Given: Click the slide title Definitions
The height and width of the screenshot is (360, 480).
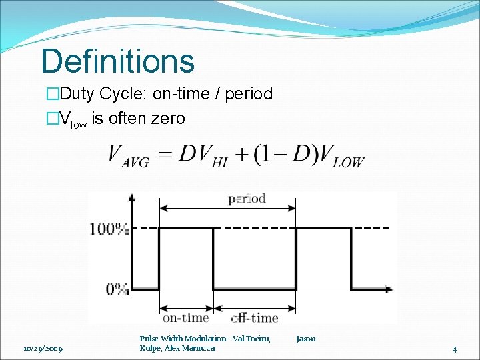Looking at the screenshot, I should pyautogui.click(x=117, y=61).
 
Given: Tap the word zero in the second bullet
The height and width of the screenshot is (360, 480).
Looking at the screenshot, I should pyautogui.click(x=168, y=119).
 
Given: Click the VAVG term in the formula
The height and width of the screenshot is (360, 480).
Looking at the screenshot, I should pyautogui.click(x=129, y=157).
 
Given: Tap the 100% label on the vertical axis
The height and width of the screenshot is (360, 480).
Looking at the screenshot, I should pyautogui.click(x=110, y=229).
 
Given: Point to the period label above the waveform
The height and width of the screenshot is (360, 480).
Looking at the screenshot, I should pyautogui.click(x=247, y=199).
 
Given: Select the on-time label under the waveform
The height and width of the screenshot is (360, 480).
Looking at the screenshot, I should pyautogui.click(x=185, y=317).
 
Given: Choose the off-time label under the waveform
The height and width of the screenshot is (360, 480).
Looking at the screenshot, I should pyautogui.click(x=254, y=317).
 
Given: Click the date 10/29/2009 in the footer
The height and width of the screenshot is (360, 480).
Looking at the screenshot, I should pyautogui.click(x=43, y=349).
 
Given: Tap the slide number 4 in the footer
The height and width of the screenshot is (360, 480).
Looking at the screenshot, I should pyautogui.click(x=453, y=349).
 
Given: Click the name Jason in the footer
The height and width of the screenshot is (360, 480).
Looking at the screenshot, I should pyautogui.click(x=306, y=339).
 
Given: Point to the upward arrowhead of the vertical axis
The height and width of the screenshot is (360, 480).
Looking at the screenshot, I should pyautogui.click(x=131, y=197).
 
